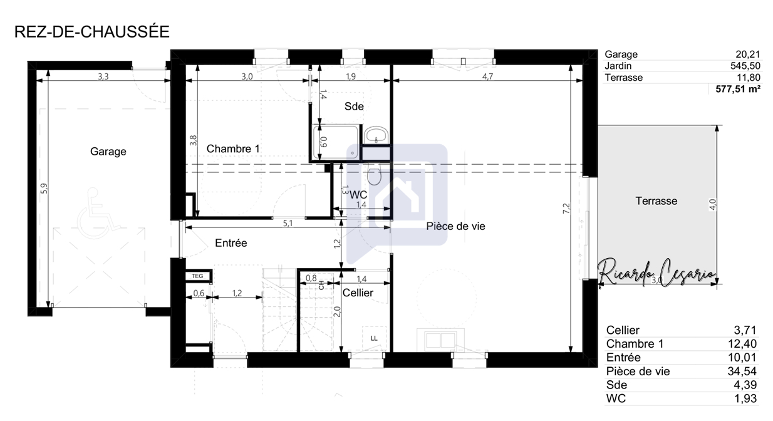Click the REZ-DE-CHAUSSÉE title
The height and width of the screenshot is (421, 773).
(x=92, y=31)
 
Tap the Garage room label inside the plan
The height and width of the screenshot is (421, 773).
(x=108, y=152)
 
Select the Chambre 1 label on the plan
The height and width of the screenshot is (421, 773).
(x=233, y=148)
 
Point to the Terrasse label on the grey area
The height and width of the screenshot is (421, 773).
(x=656, y=201)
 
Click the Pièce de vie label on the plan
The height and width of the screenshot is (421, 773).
(x=455, y=226)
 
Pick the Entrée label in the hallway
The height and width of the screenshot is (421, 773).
(x=231, y=243)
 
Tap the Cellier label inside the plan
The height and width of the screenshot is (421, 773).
(x=358, y=293)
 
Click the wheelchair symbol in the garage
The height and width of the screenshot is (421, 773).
(x=96, y=214)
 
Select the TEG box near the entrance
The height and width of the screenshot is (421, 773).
(x=197, y=276)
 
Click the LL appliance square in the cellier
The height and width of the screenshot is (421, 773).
(x=374, y=338)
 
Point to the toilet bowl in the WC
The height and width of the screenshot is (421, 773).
(x=374, y=174)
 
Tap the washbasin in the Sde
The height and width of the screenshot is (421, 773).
(x=376, y=135)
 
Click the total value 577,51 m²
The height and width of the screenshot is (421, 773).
(x=738, y=89)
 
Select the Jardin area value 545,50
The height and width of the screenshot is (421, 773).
(x=745, y=66)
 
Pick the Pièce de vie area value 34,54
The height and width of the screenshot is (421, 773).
(x=742, y=372)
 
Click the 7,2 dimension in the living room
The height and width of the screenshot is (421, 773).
(x=566, y=209)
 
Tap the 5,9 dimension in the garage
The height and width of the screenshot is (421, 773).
(x=44, y=188)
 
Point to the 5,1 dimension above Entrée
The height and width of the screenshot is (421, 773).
(x=288, y=223)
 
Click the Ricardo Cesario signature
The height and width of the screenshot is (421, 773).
(x=656, y=273)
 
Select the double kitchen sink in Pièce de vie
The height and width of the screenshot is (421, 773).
(x=440, y=340)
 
